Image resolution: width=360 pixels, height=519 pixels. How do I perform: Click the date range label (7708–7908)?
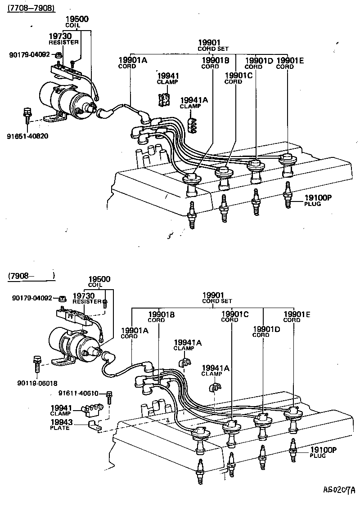coord(31,9)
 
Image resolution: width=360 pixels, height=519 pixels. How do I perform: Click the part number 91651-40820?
coord(27,136)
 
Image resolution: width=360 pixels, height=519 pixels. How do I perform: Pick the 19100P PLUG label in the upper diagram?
coord(318,200)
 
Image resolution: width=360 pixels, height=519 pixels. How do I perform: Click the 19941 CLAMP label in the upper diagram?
coord(167,78)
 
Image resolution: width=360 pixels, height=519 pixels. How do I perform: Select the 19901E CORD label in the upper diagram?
coord(290,63)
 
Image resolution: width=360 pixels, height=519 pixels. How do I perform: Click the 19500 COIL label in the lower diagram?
coord(99,282)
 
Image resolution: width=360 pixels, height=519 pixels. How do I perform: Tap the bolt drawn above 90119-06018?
coord(36,363)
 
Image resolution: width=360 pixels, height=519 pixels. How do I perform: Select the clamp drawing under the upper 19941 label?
coord(164,100)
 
